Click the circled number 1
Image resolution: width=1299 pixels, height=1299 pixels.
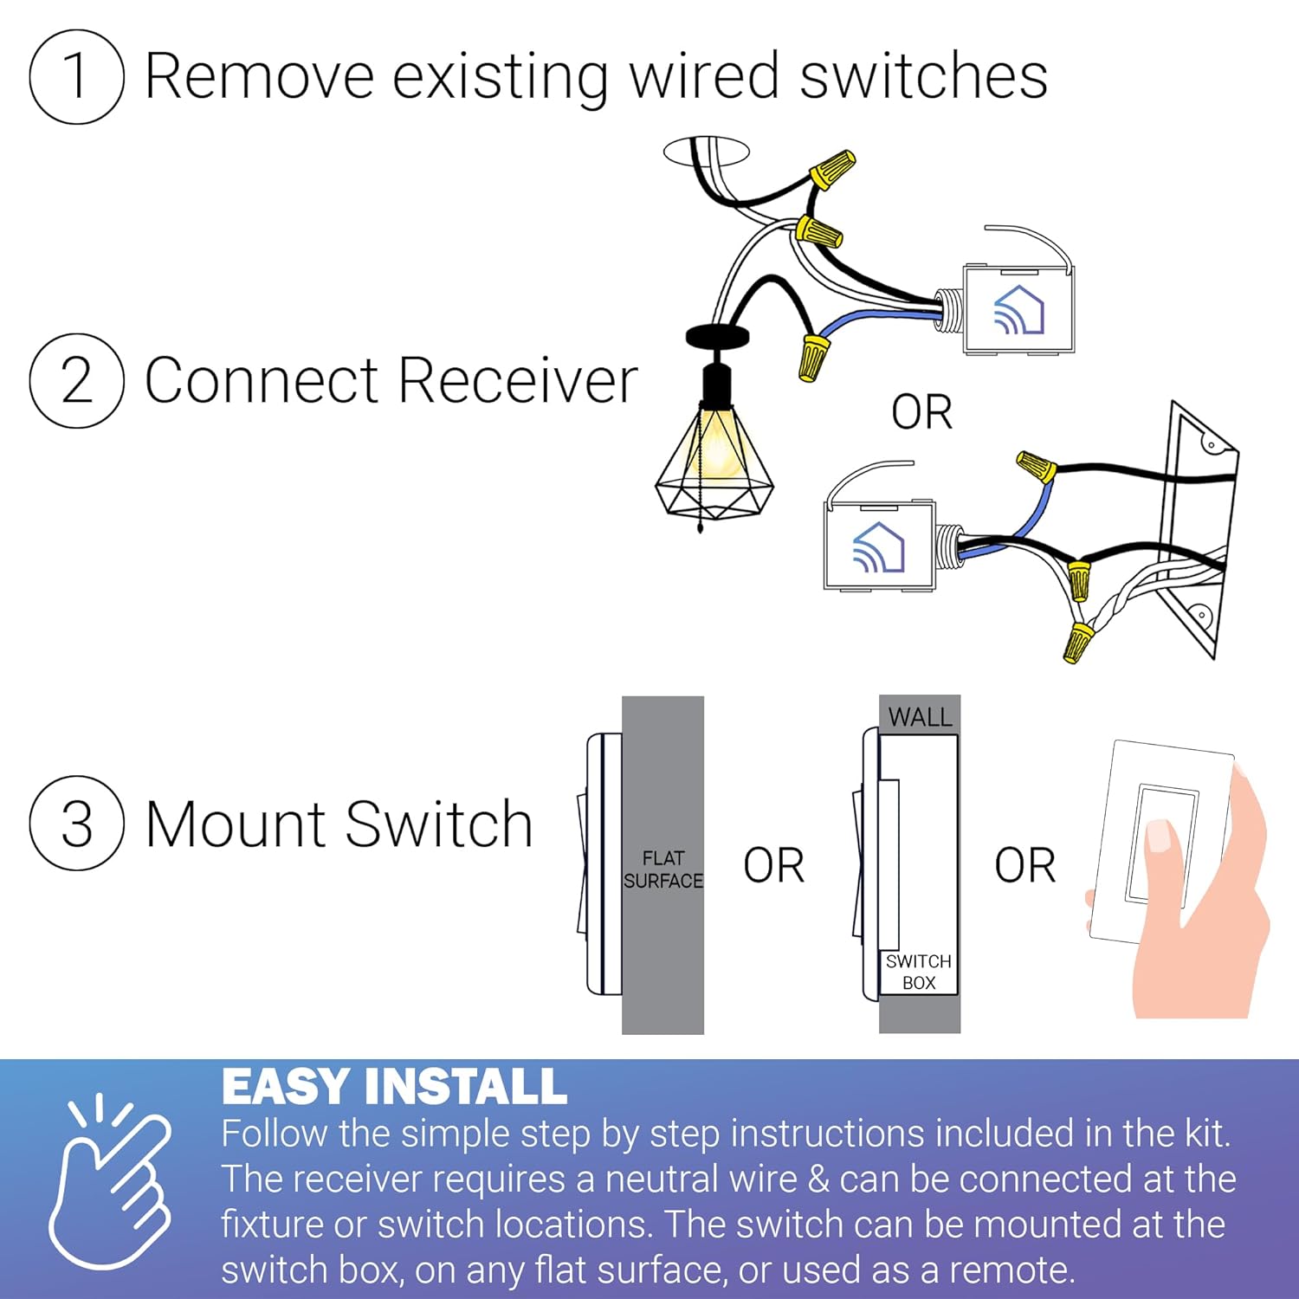click(76, 76)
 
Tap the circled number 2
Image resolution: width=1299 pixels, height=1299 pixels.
click(76, 380)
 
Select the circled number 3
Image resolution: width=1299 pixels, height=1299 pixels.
click(76, 823)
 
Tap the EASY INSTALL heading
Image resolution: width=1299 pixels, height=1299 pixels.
click(394, 1086)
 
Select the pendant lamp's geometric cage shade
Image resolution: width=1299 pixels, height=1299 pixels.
click(714, 468)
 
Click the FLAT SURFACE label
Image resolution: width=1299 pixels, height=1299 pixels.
click(663, 869)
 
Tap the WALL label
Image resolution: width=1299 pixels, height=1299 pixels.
click(920, 717)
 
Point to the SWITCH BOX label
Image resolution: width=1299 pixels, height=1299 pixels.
click(919, 972)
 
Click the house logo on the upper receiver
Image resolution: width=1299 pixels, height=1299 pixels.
click(1019, 310)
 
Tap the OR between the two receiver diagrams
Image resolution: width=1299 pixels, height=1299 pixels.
click(921, 412)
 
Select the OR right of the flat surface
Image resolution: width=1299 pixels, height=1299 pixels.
click(773, 865)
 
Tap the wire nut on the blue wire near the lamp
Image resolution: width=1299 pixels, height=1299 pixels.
click(813, 358)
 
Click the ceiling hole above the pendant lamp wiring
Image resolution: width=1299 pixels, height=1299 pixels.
click(706, 151)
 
